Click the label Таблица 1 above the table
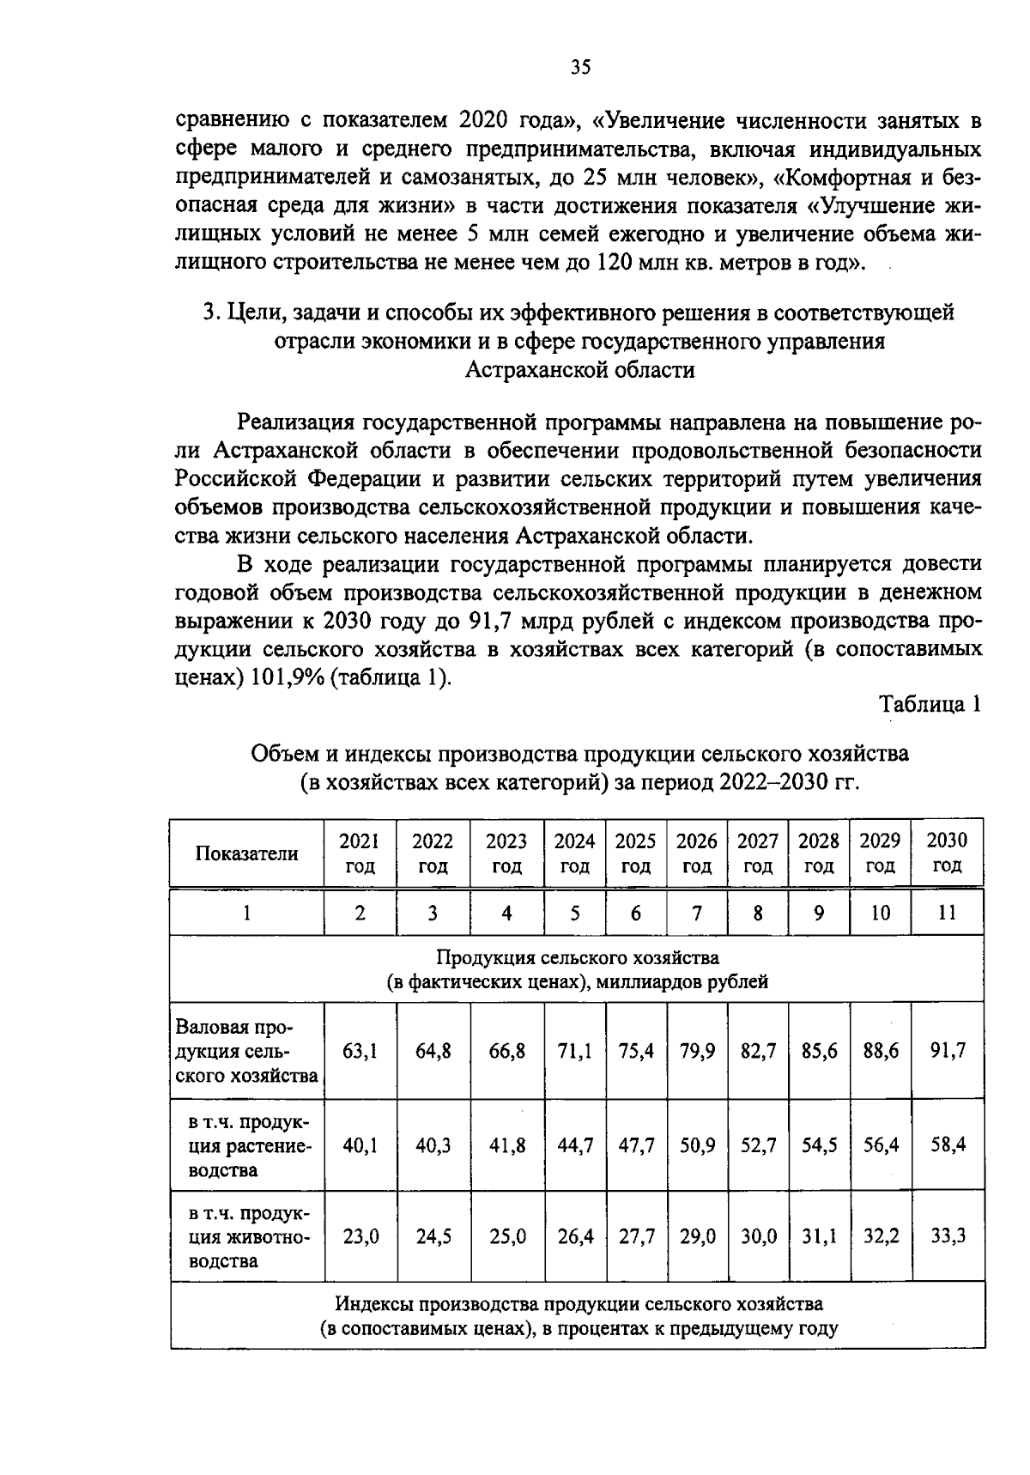[x=929, y=704]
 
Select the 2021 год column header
[x=360, y=853]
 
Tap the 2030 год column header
[x=947, y=853]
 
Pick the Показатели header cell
[x=246, y=853]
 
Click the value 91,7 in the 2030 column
[x=948, y=1050]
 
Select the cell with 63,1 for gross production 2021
[x=360, y=1050]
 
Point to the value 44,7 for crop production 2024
[x=575, y=1144]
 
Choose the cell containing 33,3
[x=948, y=1236]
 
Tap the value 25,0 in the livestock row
[x=507, y=1236]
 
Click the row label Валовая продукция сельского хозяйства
[x=246, y=1051]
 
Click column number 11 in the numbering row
[x=947, y=913]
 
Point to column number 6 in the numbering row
[x=635, y=913]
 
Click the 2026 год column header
[x=696, y=853]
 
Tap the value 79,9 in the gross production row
[x=697, y=1050]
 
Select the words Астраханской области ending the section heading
[x=579, y=370]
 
